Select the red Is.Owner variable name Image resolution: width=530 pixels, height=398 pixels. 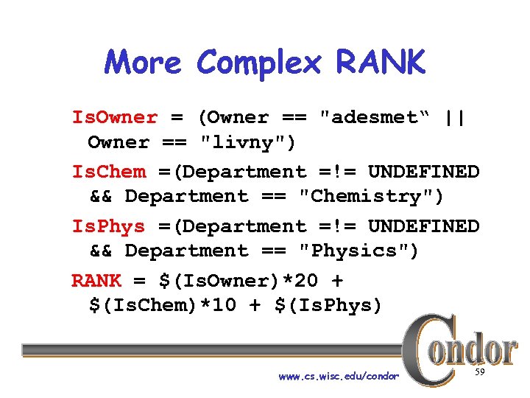click(114, 117)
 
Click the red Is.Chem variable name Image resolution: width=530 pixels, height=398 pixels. click(109, 172)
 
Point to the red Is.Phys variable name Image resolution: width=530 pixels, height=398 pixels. click(109, 226)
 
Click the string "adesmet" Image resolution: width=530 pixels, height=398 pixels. click(371, 117)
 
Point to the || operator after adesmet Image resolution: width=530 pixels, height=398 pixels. click(455, 117)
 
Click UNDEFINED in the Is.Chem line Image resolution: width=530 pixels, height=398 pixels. click(423, 172)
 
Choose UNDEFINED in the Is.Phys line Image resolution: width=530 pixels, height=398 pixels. click(423, 226)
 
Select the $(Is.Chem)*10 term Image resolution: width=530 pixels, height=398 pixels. click(163, 306)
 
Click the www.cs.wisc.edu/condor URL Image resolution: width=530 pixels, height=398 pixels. click(339, 377)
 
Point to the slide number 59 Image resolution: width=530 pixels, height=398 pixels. click(479, 374)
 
